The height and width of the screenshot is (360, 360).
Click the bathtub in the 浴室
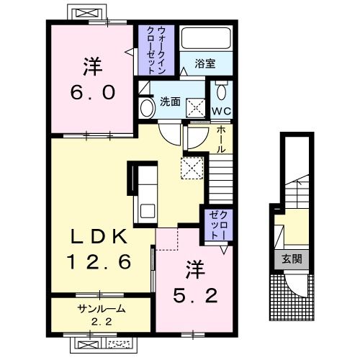pyautogui.click(x=206, y=38)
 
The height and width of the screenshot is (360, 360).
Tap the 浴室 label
pyautogui.click(x=204, y=63)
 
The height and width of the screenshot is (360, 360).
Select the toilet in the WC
pyautogui.click(x=221, y=91)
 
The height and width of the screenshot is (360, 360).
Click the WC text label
pyautogui.click(x=221, y=111)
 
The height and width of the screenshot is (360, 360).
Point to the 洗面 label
pyautogui.click(x=170, y=102)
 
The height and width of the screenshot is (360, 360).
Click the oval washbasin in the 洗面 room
pyautogui.click(x=147, y=108)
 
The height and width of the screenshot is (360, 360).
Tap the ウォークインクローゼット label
pyautogui.click(x=156, y=50)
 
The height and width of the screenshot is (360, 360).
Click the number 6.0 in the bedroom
pyautogui.click(x=93, y=93)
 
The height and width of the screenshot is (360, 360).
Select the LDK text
pyautogui.click(x=99, y=236)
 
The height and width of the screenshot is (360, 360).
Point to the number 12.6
pyautogui.click(x=99, y=261)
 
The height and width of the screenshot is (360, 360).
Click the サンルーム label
pyautogui.click(x=102, y=309)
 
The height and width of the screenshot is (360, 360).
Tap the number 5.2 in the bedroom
pyautogui.click(x=195, y=296)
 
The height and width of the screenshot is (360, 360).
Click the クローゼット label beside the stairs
pyautogui.click(x=218, y=225)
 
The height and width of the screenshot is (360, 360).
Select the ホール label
pyautogui.click(x=221, y=140)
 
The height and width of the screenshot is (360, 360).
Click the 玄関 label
pyautogui.click(x=292, y=259)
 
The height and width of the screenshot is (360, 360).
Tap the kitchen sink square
pyautogui.click(x=148, y=211)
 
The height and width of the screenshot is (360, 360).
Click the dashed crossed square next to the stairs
pyautogui.click(x=192, y=168)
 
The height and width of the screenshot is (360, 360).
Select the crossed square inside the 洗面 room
pyautogui.click(x=196, y=108)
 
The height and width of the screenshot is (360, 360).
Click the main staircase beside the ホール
pyautogui.click(x=221, y=179)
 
